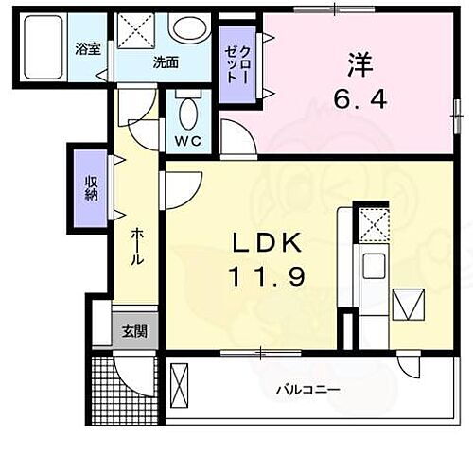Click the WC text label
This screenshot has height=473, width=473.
pos(188,144)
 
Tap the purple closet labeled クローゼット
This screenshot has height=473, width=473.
pos(236,65)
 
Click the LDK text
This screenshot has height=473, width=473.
pos(267,244)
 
